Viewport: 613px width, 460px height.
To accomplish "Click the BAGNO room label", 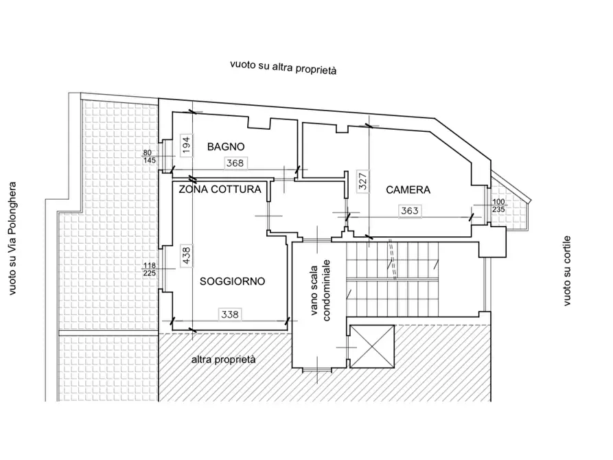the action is (226, 147).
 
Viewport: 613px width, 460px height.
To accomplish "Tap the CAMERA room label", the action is (408, 189).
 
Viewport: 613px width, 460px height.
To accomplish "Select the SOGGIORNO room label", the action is (232, 281).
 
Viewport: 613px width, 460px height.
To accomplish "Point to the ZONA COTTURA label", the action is (220, 189).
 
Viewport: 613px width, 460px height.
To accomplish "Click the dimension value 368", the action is (235, 163).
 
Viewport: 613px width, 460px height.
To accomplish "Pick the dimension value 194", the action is (186, 145).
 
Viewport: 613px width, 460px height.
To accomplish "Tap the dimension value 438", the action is (187, 255).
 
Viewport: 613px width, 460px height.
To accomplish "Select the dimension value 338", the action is (230, 314).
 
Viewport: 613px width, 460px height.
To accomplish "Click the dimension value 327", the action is (363, 181).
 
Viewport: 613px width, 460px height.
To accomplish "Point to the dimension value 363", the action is (410, 211).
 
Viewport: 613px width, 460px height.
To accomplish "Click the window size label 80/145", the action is (150, 157).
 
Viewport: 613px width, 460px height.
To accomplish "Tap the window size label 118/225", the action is (150, 270).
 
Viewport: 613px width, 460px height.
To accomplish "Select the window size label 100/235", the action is (498, 206).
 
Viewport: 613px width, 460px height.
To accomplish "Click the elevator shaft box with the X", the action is (372, 347).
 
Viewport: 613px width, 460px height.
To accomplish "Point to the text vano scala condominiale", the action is (321, 290).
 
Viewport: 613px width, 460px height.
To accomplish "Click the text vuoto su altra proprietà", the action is (283, 67).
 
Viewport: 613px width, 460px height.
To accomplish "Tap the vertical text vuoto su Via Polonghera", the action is (12, 239).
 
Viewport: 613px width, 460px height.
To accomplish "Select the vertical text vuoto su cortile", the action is (567, 271).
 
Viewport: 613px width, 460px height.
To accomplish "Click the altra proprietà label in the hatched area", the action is (223, 360).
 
